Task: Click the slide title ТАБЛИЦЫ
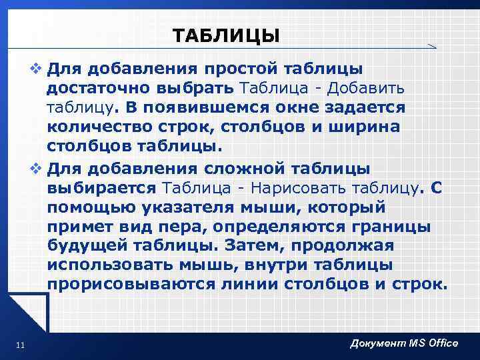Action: (x=226, y=35)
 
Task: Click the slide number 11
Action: (x=19, y=344)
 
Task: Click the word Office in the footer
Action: (x=440, y=343)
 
